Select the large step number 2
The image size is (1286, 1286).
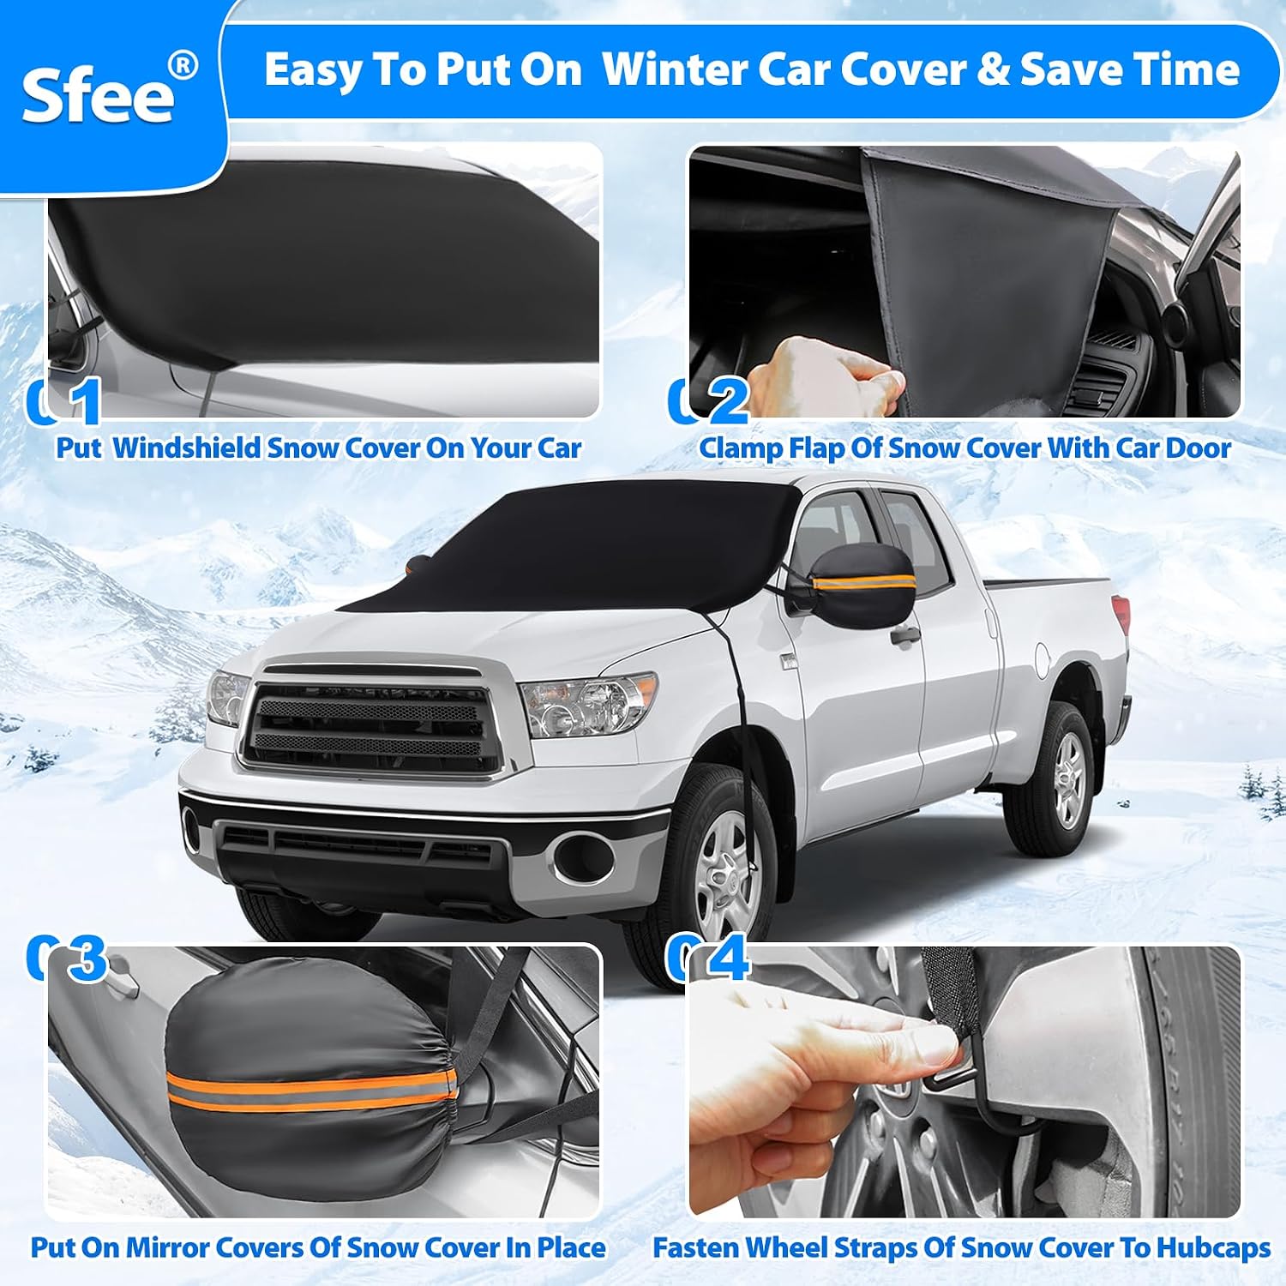click(728, 400)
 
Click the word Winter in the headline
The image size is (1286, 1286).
click(674, 69)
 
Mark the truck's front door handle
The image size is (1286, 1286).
click(904, 636)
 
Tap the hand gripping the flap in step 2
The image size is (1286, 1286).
click(823, 374)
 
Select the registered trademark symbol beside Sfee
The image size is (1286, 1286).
click(182, 66)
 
